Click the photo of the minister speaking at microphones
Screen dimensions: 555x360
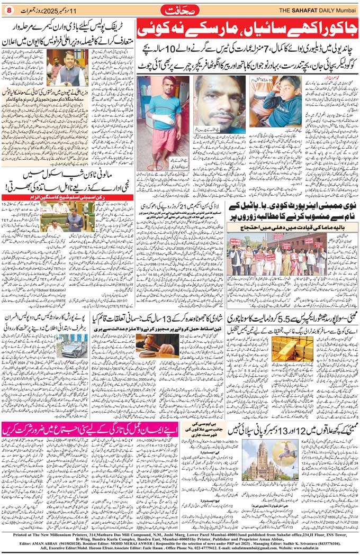(67, 68)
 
